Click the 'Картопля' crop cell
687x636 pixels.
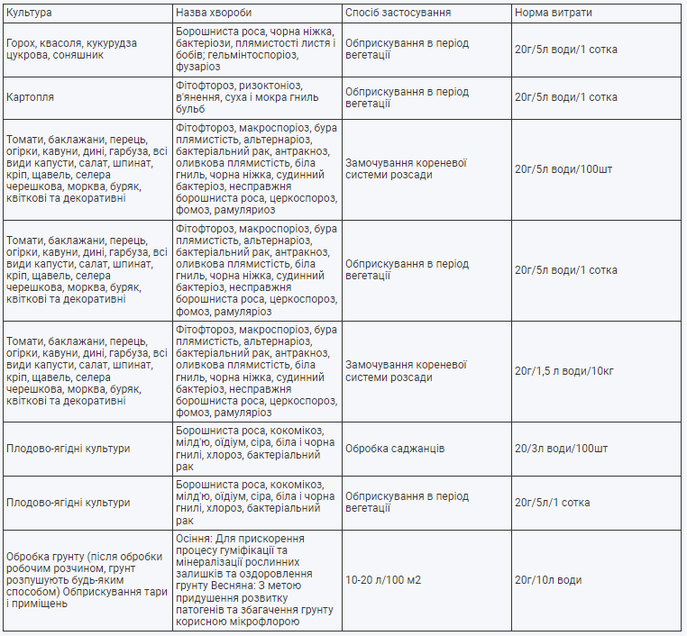30,97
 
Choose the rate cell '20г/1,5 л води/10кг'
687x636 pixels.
565,371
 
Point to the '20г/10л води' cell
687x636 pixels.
547,580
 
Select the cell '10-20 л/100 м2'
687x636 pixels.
383,580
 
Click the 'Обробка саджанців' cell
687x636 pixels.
395,449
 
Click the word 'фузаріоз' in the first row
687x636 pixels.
198,67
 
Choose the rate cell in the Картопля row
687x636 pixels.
565,97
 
